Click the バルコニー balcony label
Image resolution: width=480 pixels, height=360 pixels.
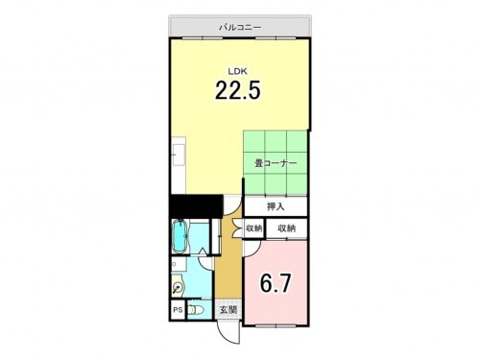pos(240,27)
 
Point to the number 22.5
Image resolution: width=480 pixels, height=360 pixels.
pos(238,91)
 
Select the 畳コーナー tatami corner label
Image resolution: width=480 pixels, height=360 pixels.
pos(276,164)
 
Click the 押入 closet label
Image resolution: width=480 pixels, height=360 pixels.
pos(276,205)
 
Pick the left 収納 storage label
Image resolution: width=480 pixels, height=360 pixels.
pos(253,228)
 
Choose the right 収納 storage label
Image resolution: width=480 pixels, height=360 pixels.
pos(287,228)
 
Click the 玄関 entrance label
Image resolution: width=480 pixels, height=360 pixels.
pos(227,310)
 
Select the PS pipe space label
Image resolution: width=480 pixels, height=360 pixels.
pos(178,310)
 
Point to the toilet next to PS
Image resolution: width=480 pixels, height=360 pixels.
pos(196,310)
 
